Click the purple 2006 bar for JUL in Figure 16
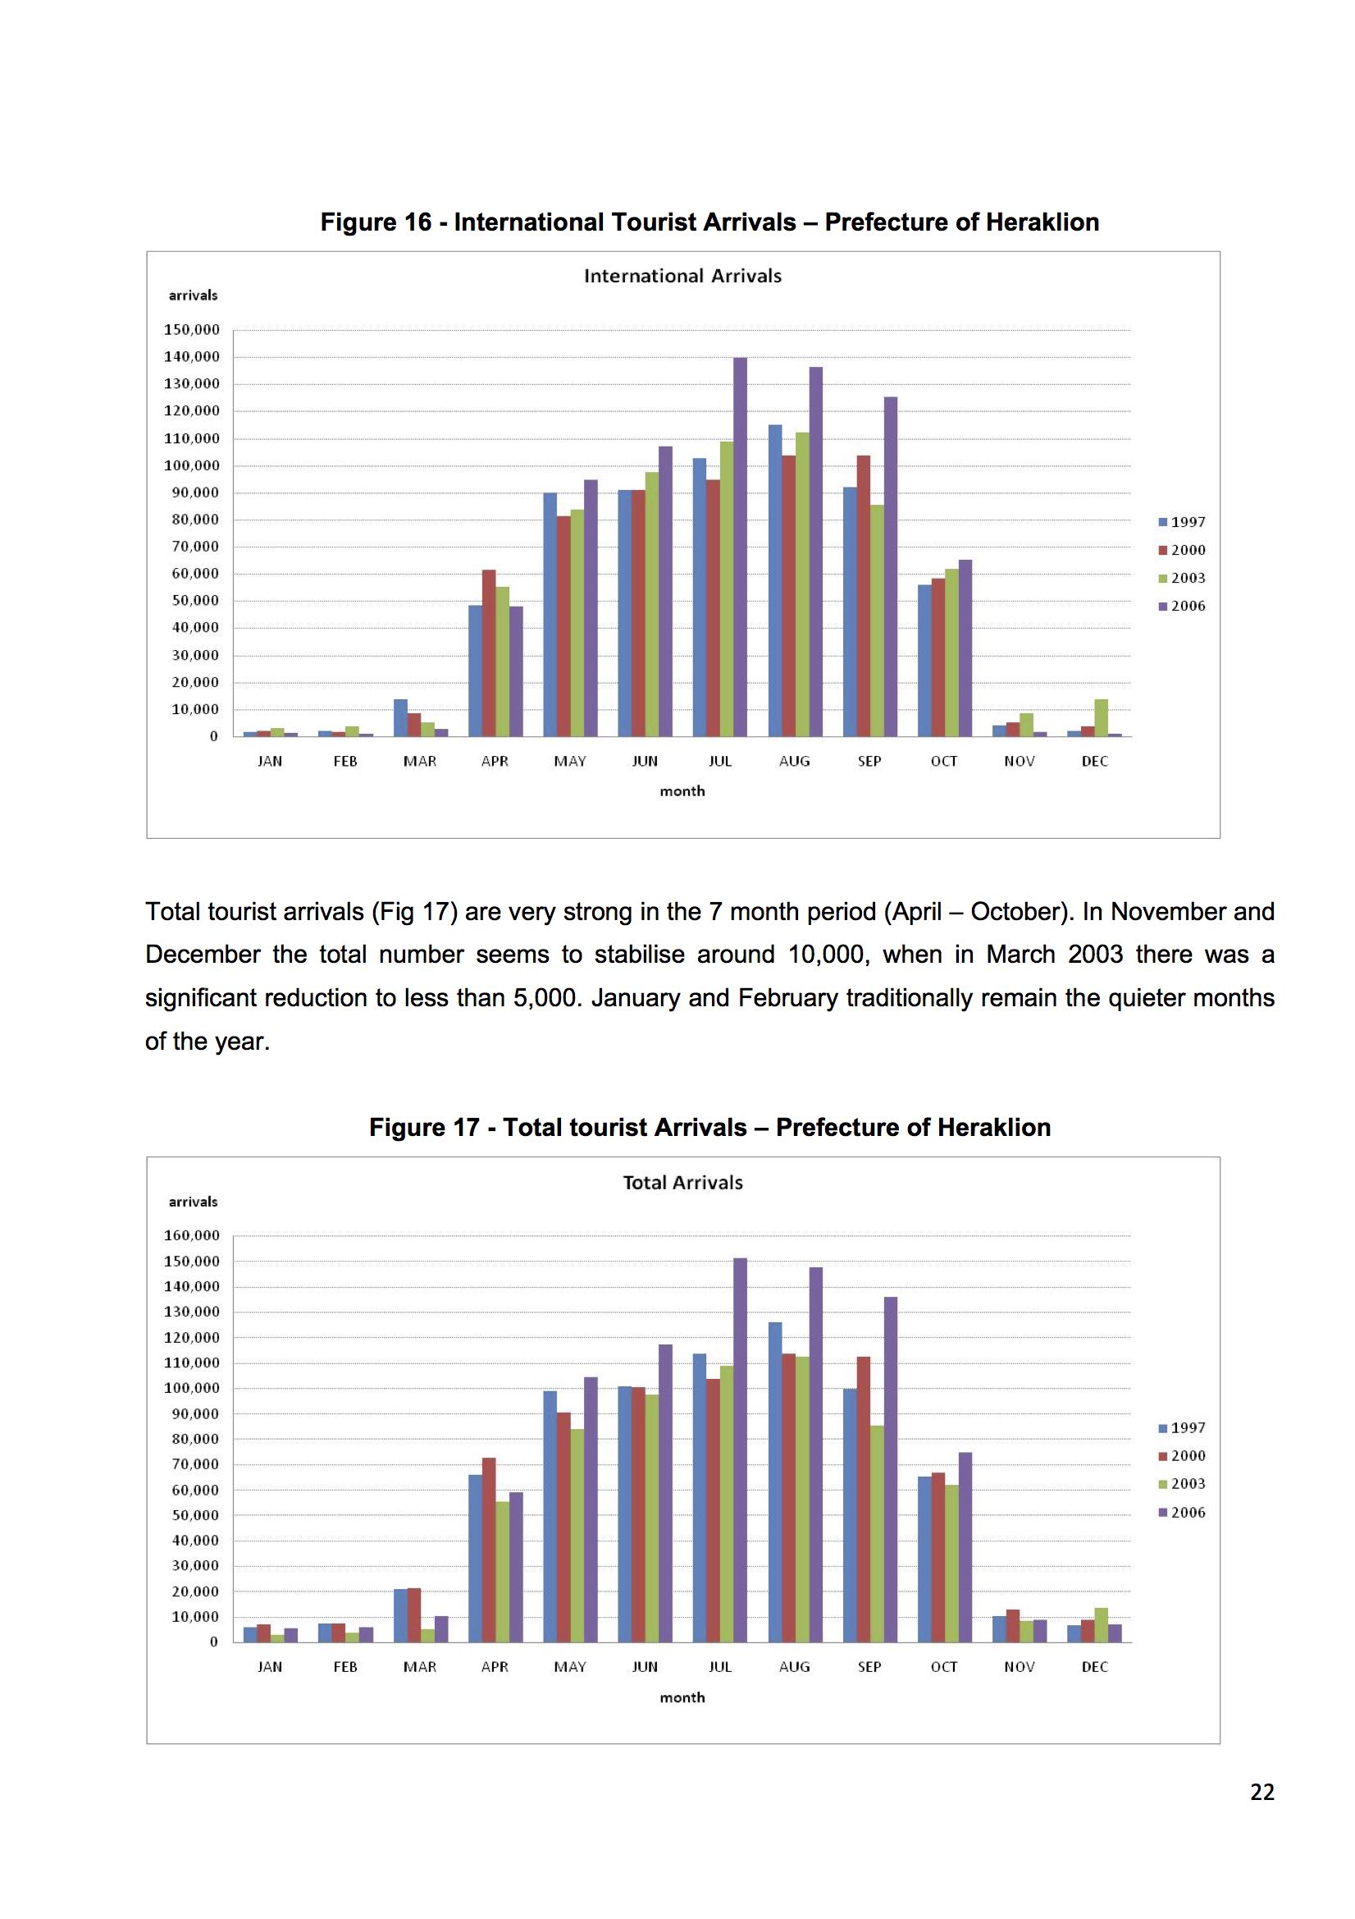point(740,547)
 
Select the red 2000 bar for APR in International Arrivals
point(489,653)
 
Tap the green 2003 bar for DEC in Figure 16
point(1101,718)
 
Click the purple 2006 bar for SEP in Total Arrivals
point(891,1470)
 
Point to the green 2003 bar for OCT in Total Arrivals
point(951,1564)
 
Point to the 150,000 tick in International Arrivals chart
point(191,330)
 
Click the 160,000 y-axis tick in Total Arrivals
point(191,1235)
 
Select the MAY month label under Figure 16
point(570,762)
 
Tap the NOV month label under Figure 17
point(1020,1666)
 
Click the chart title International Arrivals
point(682,276)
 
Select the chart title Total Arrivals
point(682,1183)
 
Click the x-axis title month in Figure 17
point(682,1697)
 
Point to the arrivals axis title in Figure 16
point(193,295)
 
